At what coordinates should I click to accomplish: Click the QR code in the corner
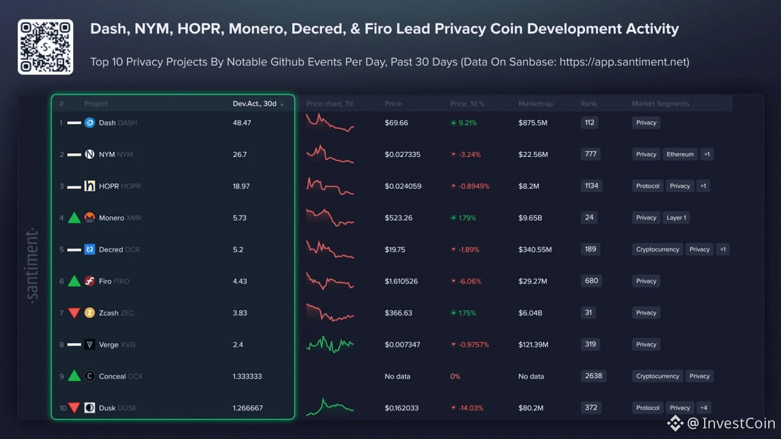[45, 47]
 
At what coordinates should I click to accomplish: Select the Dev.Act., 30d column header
[255, 104]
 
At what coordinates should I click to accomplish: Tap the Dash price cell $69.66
[397, 123]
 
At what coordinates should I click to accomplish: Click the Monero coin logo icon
[90, 218]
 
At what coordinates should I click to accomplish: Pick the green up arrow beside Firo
[74, 281]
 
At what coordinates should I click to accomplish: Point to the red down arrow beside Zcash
[74, 313]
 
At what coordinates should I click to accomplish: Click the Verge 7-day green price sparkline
[329, 344]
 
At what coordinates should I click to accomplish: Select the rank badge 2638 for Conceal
[593, 376]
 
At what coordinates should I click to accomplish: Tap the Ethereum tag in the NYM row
[680, 154]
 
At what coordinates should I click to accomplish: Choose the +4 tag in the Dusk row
[704, 408]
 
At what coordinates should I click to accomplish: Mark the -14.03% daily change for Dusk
[469, 408]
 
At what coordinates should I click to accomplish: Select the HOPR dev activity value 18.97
[241, 186]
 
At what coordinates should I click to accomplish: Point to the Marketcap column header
[535, 104]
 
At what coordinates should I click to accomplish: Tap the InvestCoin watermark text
[738, 423]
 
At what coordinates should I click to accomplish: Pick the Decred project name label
[110, 250]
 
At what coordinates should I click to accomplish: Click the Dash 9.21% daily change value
[467, 123]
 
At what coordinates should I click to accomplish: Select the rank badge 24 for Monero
[589, 217]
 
